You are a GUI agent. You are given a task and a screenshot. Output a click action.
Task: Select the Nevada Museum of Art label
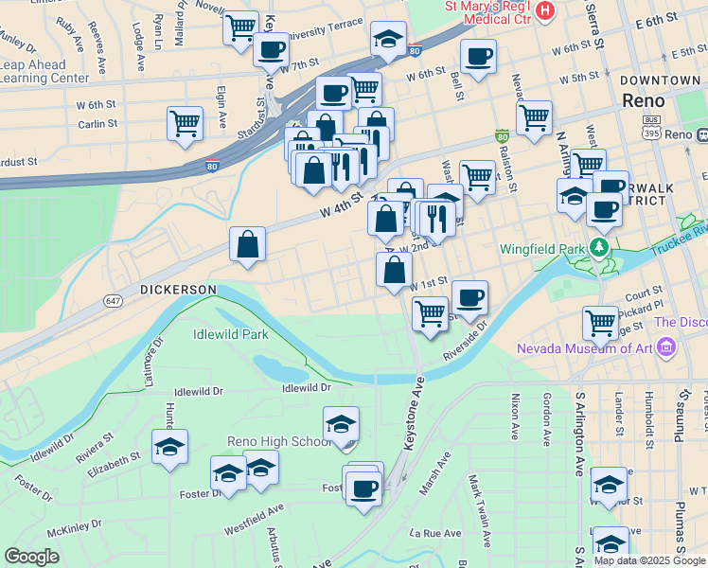(x=583, y=348)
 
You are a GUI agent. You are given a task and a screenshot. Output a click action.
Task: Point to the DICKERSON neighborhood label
(x=179, y=289)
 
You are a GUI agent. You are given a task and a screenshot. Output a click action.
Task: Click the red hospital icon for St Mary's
(x=545, y=10)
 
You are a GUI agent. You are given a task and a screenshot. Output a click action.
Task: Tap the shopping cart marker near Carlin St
(x=185, y=122)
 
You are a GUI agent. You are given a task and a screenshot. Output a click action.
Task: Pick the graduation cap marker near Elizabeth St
(x=169, y=446)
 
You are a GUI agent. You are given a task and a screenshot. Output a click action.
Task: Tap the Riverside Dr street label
(x=468, y=340)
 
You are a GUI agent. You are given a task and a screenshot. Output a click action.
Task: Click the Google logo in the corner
(x=31, y=557)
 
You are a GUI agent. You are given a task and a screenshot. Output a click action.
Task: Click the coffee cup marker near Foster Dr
(x=363, y=489)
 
